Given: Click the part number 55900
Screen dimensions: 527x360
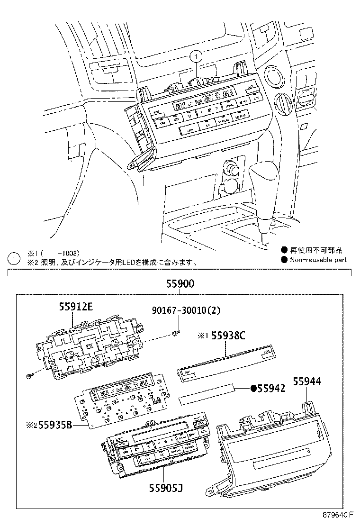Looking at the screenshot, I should pyautogui.click(x=180, y=284).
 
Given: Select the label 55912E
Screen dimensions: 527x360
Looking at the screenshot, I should pyautogui.click(x=75, y=307).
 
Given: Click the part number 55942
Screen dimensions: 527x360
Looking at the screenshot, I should pyautogui.click(x=271, y=389).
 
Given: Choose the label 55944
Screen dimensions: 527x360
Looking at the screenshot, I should pyautogui.click(x=307, y=381).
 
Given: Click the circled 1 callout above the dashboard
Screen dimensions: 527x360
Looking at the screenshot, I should pyautogui.click(x=196, y=57).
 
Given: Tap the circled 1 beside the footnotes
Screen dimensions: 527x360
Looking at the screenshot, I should pyautogui.click(x=14, y=258).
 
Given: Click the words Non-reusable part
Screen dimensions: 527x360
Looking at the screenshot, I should pyautogui.click(x=318, y=259).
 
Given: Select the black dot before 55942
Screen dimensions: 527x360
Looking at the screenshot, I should pyautogui.click(x=253, y=389).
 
